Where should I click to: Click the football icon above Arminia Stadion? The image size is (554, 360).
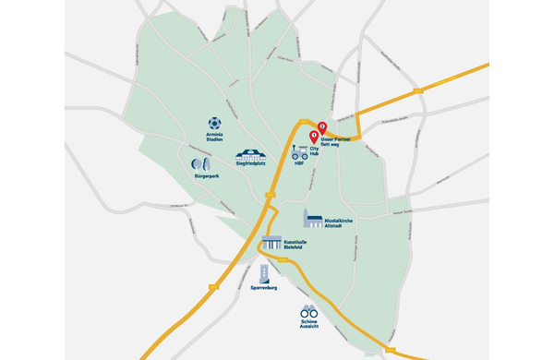pyautogui.click(x=214, y=123)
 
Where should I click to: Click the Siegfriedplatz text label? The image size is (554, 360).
pyautogui.click(x=250, y=163)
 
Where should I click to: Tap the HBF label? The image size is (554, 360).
pyautogui.click(x=299, y=162)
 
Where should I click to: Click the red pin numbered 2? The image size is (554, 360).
pyautogui.click(x=322, y=128)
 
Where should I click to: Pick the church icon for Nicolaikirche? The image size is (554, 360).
pyautogui.click(x=311, y=217)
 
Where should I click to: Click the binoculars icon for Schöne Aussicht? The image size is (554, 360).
pyautogui.click(x=309, y=311)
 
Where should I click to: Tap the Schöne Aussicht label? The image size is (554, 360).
pyautogui.click(x=309, y=326)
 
